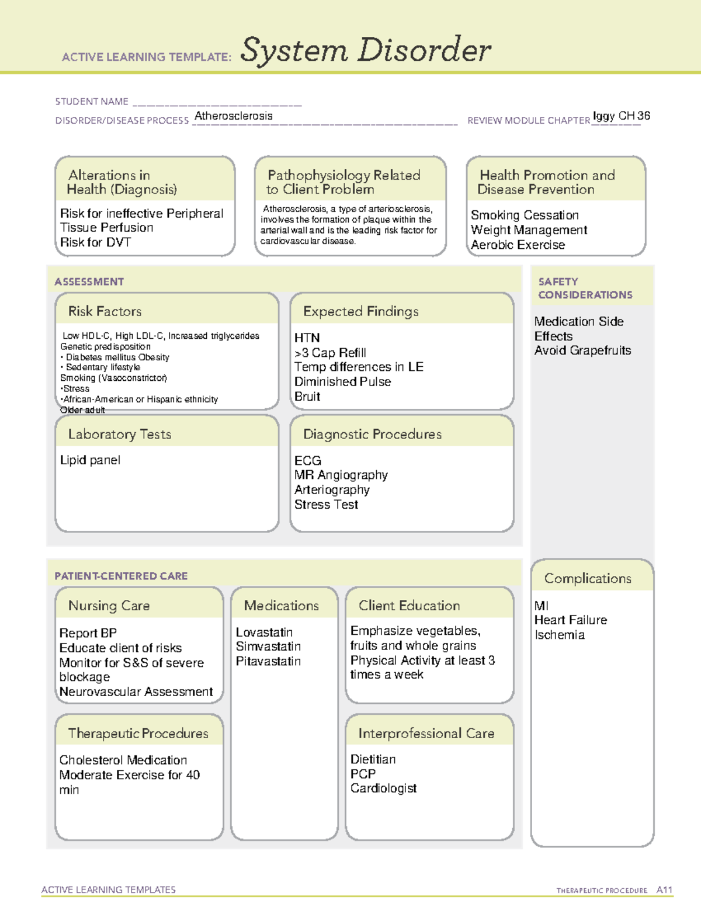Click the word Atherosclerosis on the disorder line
click(233, 116)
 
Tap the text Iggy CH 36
click(621, 116)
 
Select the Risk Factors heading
click(105, 311)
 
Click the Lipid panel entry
click(90, 460)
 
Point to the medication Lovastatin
click(264, 633)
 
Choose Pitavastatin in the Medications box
click(268, 661)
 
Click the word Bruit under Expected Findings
click(307, 397)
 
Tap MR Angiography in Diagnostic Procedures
click(341, 475)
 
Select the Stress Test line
click(326, 505)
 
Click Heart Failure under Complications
click(571, 620)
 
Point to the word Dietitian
click(373, 759)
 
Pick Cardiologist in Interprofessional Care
click(383, 788)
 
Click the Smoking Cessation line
click(525, 216)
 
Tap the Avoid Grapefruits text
click(582, 350)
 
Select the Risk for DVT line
click(95, 242)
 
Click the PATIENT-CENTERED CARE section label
click(121, 576)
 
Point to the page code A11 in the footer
click(664, 890)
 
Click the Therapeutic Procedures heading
click(138, 734)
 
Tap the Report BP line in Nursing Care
click(88, 633)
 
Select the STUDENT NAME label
click(92, 102)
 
